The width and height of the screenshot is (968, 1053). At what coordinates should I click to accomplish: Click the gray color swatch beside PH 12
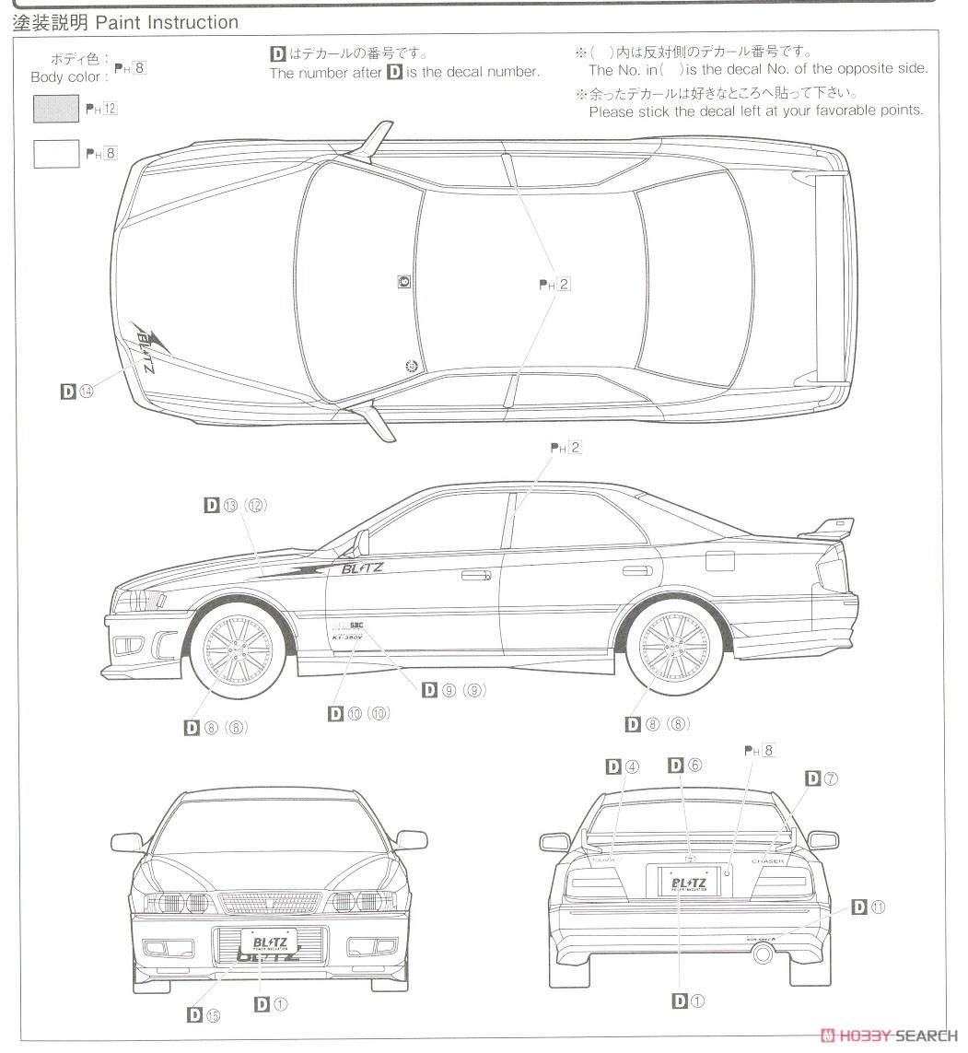56,109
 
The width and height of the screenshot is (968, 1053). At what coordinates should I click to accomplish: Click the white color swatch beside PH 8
56,153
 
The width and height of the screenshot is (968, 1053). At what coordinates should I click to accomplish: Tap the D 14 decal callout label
77,392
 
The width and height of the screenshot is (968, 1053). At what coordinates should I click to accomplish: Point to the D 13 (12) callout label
235,505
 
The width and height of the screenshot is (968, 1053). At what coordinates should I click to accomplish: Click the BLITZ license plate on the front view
268,943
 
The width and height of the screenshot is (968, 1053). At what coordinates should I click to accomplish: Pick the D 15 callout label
204,1015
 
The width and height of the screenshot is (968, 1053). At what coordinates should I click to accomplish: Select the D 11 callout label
868,907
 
